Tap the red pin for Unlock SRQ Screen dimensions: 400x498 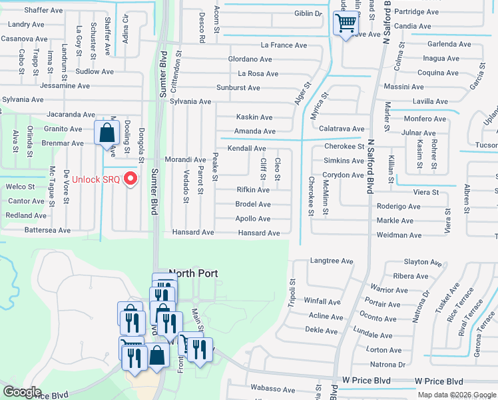(131, 178)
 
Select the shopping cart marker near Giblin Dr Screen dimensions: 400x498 (346, 25)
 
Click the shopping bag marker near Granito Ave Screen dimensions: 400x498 (107, 133)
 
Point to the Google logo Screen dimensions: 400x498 (23, 391)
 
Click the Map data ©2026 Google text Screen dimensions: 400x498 (456, 395)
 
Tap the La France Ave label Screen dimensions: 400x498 (284, 45)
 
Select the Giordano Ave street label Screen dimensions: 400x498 (250, 59)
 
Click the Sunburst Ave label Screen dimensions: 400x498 (238, 88)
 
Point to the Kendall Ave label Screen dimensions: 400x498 (247, 148)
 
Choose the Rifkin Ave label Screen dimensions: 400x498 (253, 189)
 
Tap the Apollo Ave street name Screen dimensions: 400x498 (253, 219)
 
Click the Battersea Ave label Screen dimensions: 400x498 (47, 230)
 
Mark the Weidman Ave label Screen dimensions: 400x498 (399, 235)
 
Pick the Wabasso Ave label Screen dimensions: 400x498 (272, 389)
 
